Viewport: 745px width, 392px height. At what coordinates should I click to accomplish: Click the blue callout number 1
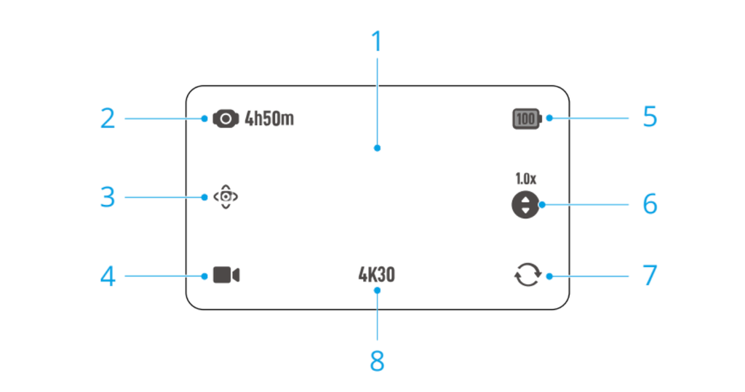[x=377, y=41]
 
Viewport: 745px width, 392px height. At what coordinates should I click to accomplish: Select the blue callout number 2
[x=108, y=119]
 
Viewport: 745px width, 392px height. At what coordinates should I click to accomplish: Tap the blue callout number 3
[x=108, y=197]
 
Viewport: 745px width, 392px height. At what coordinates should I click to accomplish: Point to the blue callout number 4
[x=108, y=276]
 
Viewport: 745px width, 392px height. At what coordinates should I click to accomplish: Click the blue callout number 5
[x=650, y=117]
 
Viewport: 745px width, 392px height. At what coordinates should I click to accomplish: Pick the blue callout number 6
[x=650, y=204]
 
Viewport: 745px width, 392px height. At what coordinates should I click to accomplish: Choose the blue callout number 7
[x=650, y=275]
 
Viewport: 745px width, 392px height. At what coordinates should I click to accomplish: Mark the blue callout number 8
[x=378, y=361]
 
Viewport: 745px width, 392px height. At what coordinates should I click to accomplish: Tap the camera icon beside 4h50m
[x=226, y=119]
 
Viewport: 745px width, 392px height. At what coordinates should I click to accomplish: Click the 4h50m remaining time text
[x=269, y=119]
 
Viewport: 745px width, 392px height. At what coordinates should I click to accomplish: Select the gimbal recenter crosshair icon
[x=226, y=196]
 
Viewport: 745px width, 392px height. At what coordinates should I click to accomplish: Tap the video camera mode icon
[x=226, y=275]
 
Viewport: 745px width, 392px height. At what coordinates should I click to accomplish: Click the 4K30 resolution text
[x=377, y=275]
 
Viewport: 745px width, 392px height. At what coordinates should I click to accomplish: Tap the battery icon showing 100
[x=527, y=119]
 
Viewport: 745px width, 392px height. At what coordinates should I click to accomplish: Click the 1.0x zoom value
[x=526, y=179]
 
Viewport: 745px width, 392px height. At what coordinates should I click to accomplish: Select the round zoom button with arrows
[x=525, y=205]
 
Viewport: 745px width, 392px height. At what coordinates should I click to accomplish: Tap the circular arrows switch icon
[x=528, y=275]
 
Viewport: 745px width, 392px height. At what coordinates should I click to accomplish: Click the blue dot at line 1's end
[x=378, y=148]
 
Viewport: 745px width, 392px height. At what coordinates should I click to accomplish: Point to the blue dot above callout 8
[x=378, y=290]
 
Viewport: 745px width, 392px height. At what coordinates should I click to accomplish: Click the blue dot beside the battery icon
[x=549, y=118]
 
